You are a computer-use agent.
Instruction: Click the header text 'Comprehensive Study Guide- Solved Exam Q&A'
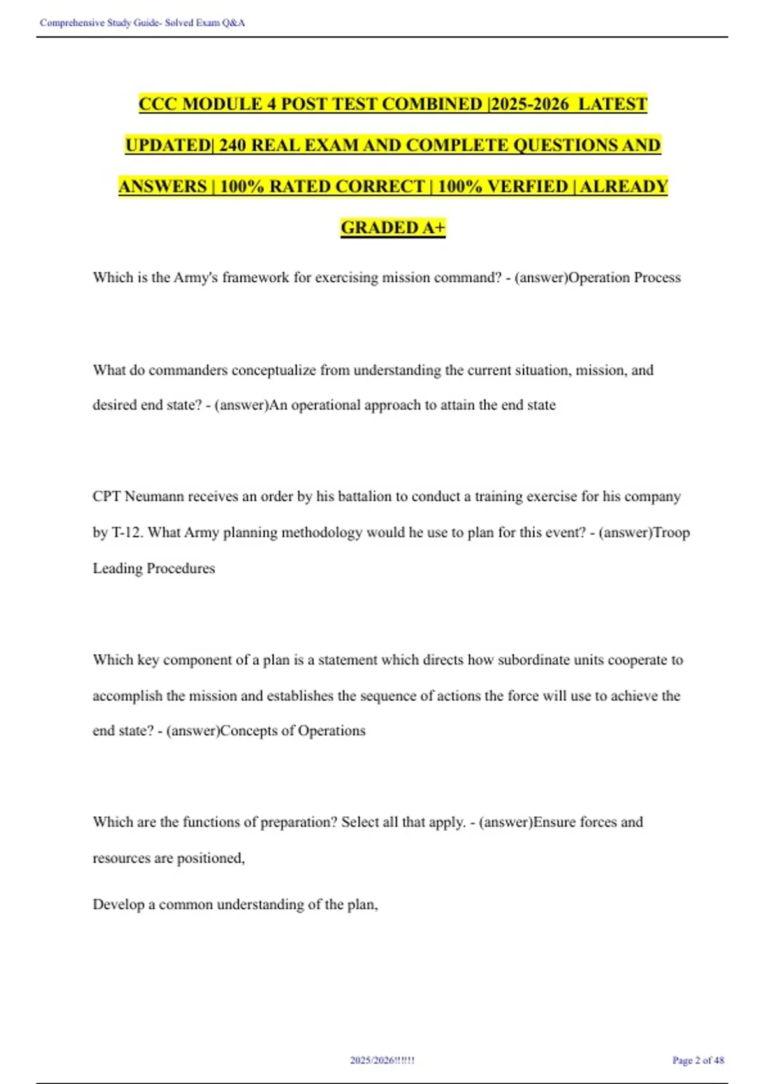point(142,23)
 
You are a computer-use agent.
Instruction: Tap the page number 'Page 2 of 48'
point(698,1060)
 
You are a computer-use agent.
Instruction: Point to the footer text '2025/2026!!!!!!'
point(382,1060)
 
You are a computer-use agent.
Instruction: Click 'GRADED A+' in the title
point(393,228)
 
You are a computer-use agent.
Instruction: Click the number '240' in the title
point(233,145)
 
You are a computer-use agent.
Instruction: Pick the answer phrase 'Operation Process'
point(624,277)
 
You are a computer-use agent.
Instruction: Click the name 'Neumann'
point(153,496)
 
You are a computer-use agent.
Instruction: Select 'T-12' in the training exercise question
point(126,532)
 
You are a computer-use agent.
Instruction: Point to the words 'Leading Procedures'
point(154,568)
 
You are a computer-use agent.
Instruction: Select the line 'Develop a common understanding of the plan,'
point(235,904)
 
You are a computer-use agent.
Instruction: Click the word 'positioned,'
point(211,858)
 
